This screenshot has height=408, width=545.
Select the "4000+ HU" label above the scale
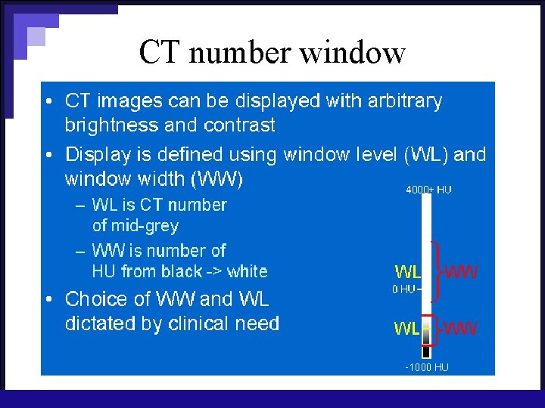(428, 190)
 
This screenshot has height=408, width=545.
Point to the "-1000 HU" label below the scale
(425, 367)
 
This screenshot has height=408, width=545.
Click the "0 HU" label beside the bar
(403, 289)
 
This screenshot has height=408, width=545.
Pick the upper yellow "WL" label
(407, 271)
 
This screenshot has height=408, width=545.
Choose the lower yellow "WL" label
(407, 329)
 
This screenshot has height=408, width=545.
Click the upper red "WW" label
(461, 271)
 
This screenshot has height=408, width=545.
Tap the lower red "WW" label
(461, 329)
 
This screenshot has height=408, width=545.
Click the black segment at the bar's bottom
(426, 351)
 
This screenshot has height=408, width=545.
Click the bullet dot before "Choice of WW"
(48, 300)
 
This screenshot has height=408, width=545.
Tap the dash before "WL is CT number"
(80, 205)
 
